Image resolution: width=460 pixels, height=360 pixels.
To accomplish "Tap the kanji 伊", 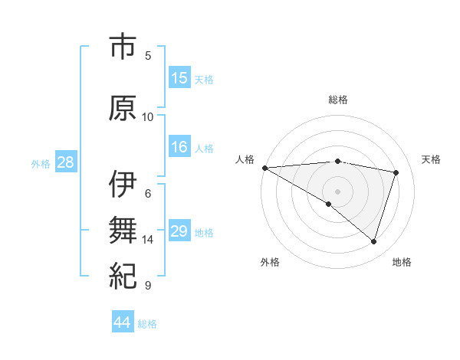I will click(x=123, y=185).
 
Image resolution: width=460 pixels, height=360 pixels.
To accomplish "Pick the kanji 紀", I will click(x=123, y=274).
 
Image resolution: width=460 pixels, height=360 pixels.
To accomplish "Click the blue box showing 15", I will click(x=179, y=78).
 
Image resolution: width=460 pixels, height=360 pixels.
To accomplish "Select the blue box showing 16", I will click(x=179, y=148).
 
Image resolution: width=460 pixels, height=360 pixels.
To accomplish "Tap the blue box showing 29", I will click(x=179, y=231).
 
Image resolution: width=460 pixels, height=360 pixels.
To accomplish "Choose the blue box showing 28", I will click(x=65, y=162).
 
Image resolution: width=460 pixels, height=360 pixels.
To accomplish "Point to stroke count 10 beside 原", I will click(x=148, y=117).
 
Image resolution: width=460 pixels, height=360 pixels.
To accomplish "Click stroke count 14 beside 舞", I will click(x=148, y=240).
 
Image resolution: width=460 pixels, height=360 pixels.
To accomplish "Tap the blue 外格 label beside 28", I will click(x=41, y=163).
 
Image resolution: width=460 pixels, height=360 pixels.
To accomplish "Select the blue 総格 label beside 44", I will click(x=147, y=324).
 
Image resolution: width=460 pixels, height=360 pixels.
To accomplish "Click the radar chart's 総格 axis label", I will click(x=337, y=100).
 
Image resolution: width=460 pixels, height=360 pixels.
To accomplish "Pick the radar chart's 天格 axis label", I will click(x=432, y=159).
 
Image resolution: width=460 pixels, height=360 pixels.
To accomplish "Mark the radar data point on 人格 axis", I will click(x=264, y=168).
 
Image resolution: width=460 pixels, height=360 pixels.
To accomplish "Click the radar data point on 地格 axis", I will click(x=373, y=241).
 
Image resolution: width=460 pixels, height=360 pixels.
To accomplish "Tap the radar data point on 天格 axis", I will click(x=396, y=172).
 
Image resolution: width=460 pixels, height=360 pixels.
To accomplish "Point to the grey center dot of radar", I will click(x=337, y=191).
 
